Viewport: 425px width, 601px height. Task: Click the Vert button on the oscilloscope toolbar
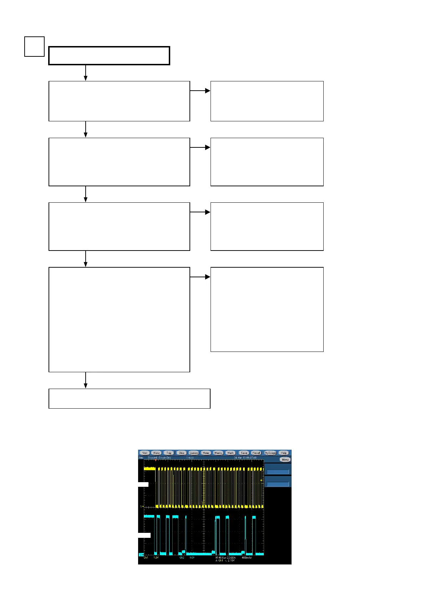(x=145, y=453)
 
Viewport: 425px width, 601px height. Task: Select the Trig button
(x=169, y=453)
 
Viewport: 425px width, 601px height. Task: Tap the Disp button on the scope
(x=182, y=453)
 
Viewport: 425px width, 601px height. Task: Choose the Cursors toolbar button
(x=194, y=453)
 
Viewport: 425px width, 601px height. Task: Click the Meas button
(x=206, y=453)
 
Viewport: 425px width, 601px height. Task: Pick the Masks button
(x=218, y=453)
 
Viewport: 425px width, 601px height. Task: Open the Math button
(x=231, y=453)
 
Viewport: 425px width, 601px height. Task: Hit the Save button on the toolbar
(x=244, y=453)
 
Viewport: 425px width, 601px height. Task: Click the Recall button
(x=256, y=453)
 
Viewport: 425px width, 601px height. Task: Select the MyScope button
(x=270, y=453)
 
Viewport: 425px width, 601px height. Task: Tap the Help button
(x=284, y=453)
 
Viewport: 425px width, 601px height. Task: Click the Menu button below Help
(x=285, y=460)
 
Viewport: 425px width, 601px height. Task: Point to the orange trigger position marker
(x=156, y=460)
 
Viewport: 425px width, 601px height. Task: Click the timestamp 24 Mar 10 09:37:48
(x=245, y=458)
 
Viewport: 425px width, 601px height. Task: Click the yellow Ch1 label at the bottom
(x=146, y=557)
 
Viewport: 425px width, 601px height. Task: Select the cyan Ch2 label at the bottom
(x=182, y=557)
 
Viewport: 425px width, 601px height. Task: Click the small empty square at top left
(x=34, y=47)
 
